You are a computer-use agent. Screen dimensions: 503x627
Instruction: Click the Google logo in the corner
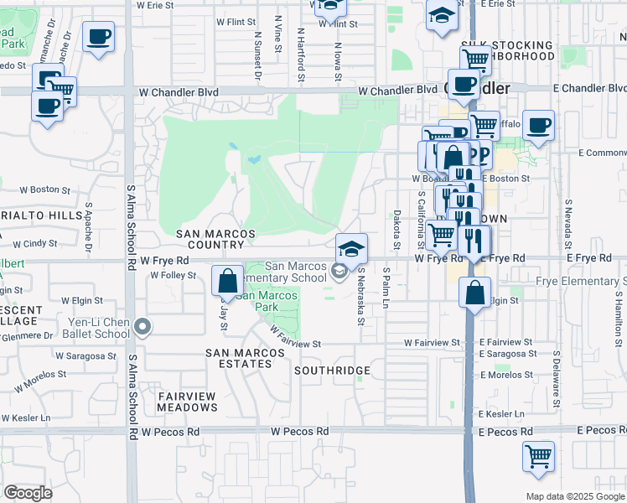(28, 492)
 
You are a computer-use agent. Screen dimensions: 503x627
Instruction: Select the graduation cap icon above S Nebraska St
(351, 247)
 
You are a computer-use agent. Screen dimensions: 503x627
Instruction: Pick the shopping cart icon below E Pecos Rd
(538, 457)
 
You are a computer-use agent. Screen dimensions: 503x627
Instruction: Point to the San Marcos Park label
(267, 301)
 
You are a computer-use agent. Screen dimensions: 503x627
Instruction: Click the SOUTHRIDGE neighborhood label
(332, 370)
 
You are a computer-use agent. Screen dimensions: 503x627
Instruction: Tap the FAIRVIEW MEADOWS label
(186, 402)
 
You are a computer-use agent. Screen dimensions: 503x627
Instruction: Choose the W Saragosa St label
(85, 355)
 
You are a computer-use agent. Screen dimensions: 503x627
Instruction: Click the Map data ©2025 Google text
(574, 496)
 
